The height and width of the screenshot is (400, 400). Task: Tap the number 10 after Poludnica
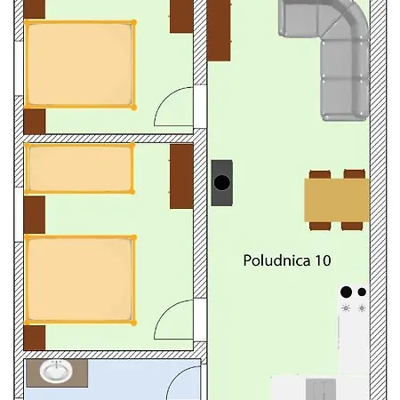tap(321, 261)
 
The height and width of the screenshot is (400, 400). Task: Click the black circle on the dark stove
tap(222, 184)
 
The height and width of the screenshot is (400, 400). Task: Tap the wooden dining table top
tap(336, 200)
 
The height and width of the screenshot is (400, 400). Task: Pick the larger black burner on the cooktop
tap(346, 292)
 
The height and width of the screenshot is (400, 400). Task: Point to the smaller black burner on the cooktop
tap(362, 291)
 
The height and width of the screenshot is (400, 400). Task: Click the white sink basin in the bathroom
tap(55, 372)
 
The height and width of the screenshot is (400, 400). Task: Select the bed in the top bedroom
tap(80, 65)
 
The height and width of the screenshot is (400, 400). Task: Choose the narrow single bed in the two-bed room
tap(80, 168)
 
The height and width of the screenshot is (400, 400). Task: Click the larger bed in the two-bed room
tap(80, 278)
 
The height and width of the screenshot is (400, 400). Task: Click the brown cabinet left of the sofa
tap(219, 29)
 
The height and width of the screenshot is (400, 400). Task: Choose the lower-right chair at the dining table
tap(354, 225)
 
